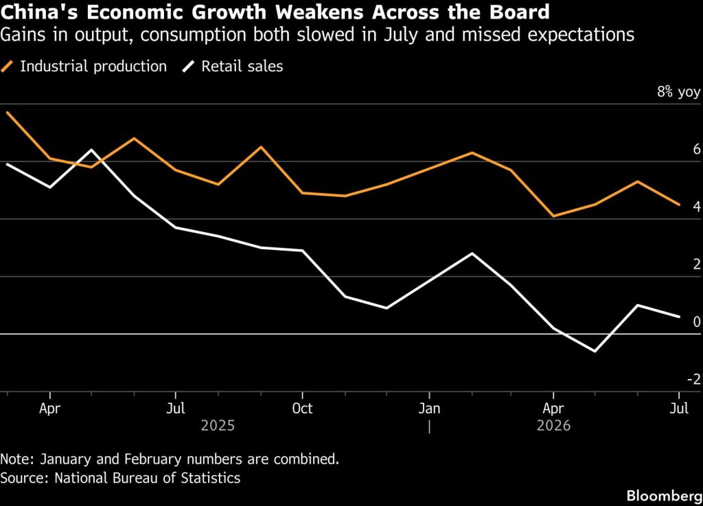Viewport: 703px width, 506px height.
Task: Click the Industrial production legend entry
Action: (84, 67)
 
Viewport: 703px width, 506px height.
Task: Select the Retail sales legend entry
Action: (232, 67)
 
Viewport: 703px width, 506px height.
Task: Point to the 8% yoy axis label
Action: (678, 92)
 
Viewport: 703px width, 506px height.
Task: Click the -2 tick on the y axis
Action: (693, 379)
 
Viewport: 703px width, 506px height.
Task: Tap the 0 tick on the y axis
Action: (697, 322)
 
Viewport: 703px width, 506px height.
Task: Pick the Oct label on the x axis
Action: (302, 409)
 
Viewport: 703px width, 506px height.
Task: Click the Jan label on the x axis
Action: (430, 409)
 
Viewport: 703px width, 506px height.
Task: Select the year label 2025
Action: (218, 425)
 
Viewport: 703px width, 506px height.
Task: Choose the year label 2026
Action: (553, 425)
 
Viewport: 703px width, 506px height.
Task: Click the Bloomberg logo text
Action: (665, 496)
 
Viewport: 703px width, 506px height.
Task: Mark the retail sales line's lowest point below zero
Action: (595, 351)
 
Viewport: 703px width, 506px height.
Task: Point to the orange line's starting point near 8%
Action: (8, 113)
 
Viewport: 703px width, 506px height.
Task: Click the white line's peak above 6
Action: (91, 150)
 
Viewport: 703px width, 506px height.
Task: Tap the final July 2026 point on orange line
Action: (679, 205)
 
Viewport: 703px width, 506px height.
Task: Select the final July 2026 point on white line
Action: (679, 317)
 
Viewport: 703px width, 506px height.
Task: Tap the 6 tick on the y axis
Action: (697, 149)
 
